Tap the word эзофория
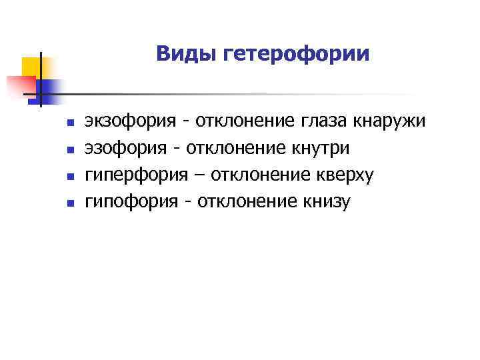pos(125,148)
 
